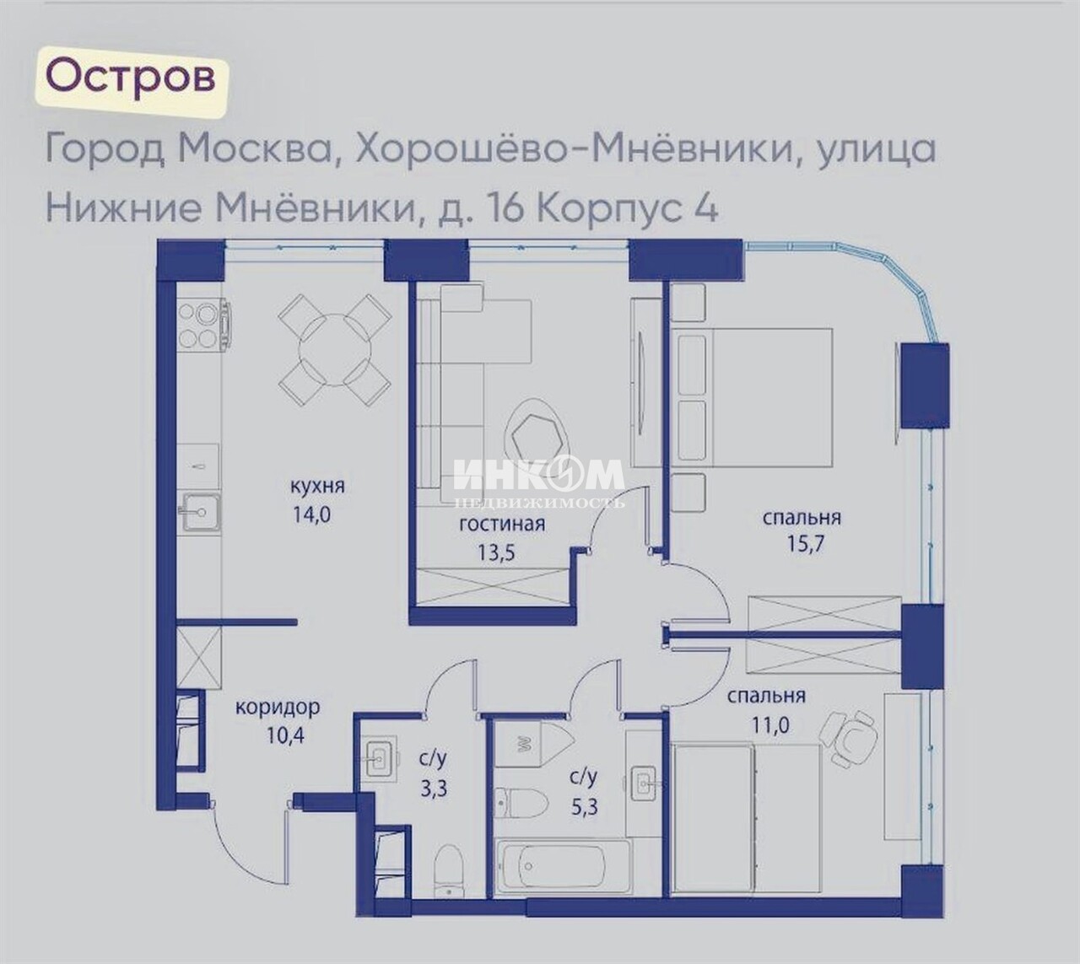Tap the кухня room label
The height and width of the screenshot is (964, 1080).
click(x=317, y=486)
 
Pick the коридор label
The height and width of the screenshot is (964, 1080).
click(x=278, y=707)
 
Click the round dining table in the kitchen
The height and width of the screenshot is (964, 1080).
click(x=335, y=349)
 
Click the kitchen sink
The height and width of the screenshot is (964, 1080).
click(x=202, y=511)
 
